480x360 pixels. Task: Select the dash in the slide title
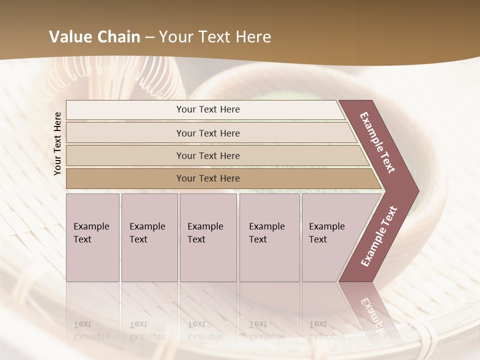click(x=149, y=37)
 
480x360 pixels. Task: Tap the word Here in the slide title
click(x=253, y=37)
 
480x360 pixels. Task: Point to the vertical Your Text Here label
click(x=57, y=143)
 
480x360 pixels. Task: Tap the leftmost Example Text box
click(x=92, y=237)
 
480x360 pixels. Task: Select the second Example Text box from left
click(x=149, y=237)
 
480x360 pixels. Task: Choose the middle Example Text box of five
click(x=208, y=237)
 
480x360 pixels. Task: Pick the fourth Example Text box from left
click(x=269, y=237)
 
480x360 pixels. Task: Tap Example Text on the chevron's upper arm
click(x=377, y=142)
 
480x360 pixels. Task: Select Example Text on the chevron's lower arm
click(x=379, y=236)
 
